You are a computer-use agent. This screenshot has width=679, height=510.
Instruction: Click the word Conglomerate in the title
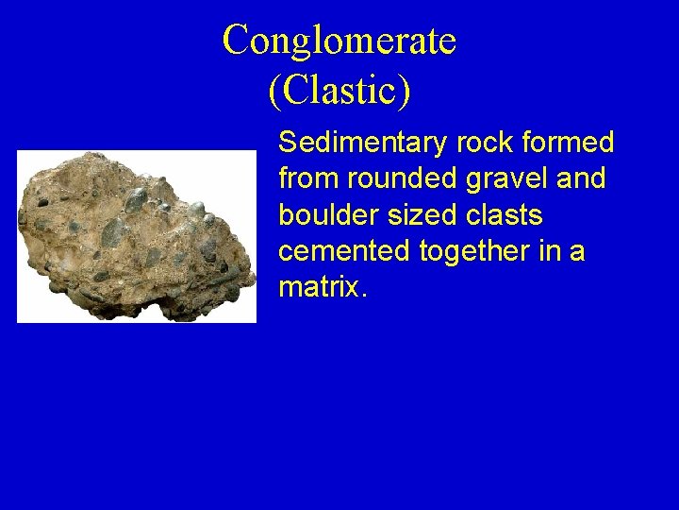coord(339,41)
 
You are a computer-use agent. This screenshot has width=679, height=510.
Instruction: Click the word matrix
coord(317,287)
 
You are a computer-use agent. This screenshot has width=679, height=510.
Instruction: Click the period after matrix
coord(362,294)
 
